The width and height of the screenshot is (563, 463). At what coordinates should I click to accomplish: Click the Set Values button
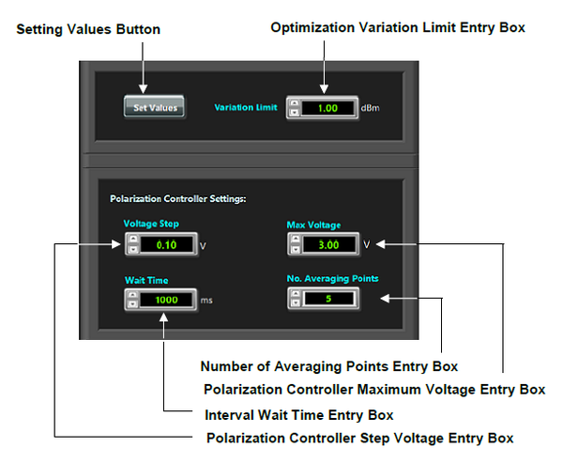click(155, 107)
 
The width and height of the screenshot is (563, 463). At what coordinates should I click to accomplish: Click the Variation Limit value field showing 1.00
click(327, 107)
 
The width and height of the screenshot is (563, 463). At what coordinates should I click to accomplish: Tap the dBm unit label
click(372, 108)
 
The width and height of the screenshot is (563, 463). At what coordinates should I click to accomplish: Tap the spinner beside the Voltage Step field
click(132, 245)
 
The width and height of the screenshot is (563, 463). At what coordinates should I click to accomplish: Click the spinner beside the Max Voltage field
click(296, 245)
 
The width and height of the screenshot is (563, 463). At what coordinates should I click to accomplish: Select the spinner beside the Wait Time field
click(132, 300)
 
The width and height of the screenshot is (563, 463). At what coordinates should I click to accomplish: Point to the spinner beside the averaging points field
click(296, 300)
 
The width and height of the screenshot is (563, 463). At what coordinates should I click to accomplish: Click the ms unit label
click(206, 301)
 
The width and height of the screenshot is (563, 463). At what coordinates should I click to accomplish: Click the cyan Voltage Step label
click(151, 224)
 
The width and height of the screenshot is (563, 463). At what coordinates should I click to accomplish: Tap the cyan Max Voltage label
click(314, 224)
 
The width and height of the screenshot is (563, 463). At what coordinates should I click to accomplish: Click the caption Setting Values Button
click(89, 29)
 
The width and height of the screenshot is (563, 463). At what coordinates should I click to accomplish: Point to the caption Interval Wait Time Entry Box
click(298, 415)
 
